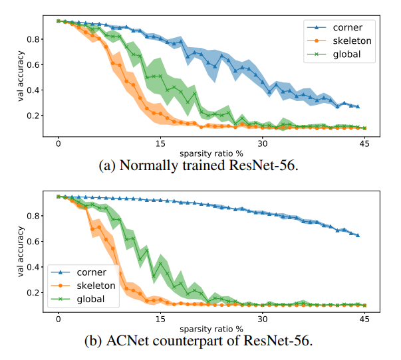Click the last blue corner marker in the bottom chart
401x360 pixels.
358,235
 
